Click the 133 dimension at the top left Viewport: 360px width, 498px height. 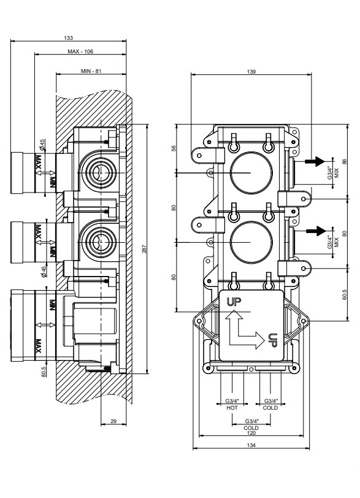click(68, 38)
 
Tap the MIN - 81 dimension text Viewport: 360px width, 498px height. click(90, 72)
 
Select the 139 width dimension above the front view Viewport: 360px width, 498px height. click(251, 72)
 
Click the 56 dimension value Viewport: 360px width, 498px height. click(174, 148)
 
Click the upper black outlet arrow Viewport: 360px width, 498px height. click(314, 162)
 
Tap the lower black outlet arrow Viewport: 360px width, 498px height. click(314, 231)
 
